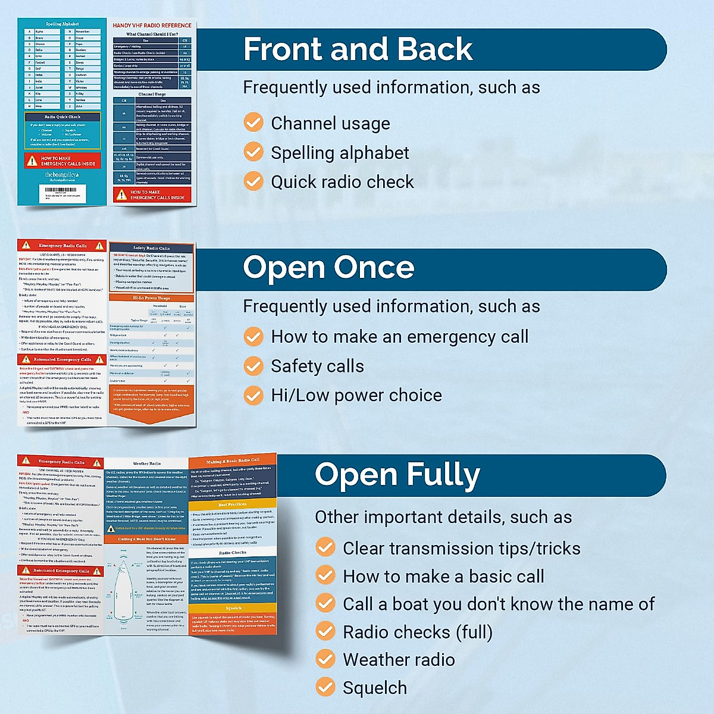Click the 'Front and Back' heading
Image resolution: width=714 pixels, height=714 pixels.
[358, 49]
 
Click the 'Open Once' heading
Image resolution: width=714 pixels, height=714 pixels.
[328, 268]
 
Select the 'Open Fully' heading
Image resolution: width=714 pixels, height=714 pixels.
[397, 475]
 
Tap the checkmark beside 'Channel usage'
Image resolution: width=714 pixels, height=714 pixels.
[253, 123]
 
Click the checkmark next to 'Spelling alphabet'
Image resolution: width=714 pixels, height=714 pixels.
[253, 152]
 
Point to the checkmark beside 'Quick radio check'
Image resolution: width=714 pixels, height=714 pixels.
[253, 181]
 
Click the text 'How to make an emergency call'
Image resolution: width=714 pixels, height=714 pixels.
[399, 337]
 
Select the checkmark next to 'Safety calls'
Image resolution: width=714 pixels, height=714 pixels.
[253, 366]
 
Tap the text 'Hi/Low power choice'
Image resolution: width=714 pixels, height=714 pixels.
[356, 395]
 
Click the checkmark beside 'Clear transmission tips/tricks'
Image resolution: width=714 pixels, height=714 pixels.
[325, 547]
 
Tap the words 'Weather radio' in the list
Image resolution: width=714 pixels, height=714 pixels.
[399, 660]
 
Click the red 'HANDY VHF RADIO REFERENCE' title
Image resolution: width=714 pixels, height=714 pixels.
[152, 26]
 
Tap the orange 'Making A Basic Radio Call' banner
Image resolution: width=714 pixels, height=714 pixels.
[233, 461]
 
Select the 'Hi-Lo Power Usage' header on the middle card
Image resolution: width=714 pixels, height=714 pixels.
[151, 297]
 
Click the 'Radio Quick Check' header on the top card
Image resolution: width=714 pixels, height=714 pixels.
[62, 117]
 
